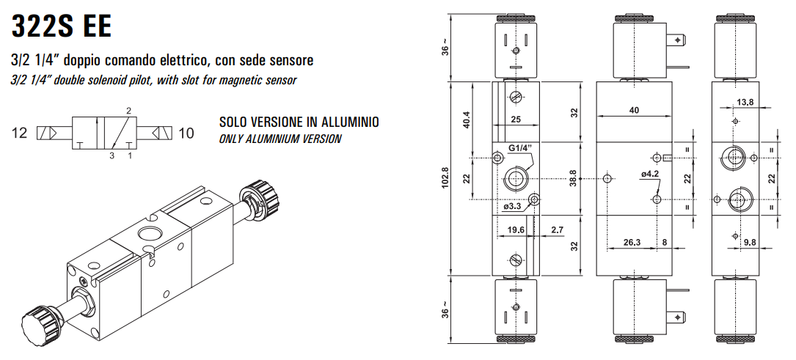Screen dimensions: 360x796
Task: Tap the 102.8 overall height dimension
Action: point(444,179)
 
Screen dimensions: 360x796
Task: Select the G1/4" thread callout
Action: point(519,148)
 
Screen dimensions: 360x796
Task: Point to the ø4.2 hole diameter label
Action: point(650,174)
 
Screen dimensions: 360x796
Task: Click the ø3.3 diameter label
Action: point(512,207)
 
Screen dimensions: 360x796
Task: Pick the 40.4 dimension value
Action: point(465,120)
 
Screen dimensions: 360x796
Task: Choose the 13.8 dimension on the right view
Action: point(745,102)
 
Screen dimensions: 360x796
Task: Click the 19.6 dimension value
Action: point(516,229)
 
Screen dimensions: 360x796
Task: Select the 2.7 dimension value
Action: point(556,229)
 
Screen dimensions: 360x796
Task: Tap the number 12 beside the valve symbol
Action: point(20,133)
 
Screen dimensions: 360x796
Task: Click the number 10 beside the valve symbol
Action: point(186,133)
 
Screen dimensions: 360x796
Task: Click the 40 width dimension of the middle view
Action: point(634,110)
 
